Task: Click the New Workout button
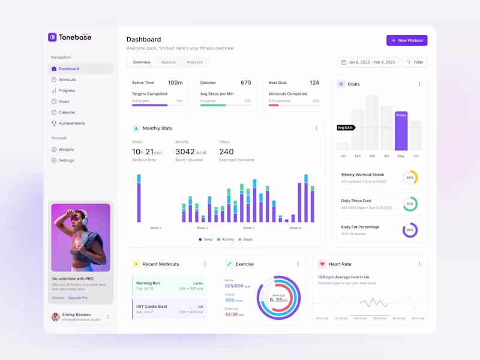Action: pyautogui.click(x=407, y=40)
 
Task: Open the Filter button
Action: pyautogui.click(x=415, y=62)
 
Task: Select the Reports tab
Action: pyautogui.click(x=168, y=62)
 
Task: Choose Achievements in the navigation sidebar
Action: pyautogui.click(x=71, y=123)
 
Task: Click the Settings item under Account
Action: pyautogui.click(x=66, y=160)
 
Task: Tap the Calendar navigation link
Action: pyautogui.click(x=67, y=112)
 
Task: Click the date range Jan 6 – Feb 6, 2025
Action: pyautogui.click(x=368, y=62)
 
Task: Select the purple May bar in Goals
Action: pyautogui.click(x=401, y=131)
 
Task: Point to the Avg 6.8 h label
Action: pyautogui.click(x=346, y=127)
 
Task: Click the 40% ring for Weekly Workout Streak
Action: pyautogui.click(x=410, y=178)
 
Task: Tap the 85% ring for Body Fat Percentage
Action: pyautogui.click(x=410, y=230)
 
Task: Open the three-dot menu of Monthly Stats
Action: pyautogui.click(x=316, y=128)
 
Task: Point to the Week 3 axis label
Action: pyautogui.click(x=248, y=228)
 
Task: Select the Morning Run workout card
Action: pyautogui.click(x=169, y=285)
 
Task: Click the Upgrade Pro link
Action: pyautogui.click(x=77, y=298)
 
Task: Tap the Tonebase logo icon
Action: pyautogui.click(x=52, y=37)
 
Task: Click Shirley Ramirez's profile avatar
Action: pyautogui.click(x=55, y=317)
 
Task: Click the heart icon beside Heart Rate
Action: pyautogui.click(x=322, y=264)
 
